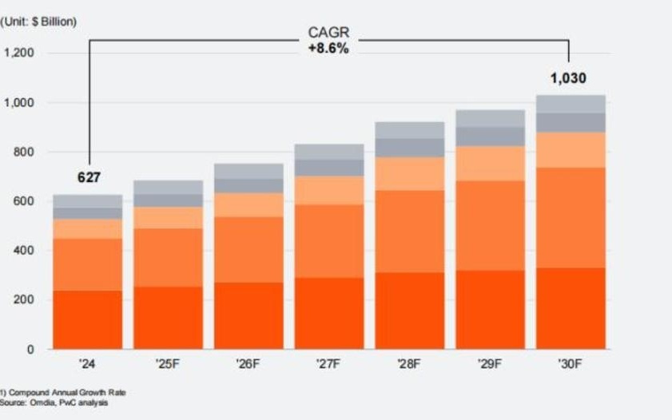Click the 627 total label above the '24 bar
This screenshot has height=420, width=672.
[89, 177]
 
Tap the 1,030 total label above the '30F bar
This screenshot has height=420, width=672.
[568, 78]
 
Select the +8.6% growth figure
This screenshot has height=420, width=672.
[328, 49]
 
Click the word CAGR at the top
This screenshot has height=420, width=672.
[328, 34]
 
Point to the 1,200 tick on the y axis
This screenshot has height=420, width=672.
[19, 53]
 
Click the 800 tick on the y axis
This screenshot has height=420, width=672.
[25, 152]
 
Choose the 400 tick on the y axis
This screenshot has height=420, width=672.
[25, 251]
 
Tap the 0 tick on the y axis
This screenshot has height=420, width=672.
[31, 350]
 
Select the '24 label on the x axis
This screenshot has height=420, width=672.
[88, 364]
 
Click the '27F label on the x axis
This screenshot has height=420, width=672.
[328, 364]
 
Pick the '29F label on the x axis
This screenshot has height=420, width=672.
[489, 364]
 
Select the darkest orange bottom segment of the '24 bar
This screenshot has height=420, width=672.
[88, 319]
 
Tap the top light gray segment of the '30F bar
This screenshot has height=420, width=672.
[570, 104]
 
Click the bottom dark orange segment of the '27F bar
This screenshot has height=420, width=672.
[328, 313]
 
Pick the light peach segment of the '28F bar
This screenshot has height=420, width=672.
[409, 173]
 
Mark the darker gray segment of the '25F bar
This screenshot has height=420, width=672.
[168, 200]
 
